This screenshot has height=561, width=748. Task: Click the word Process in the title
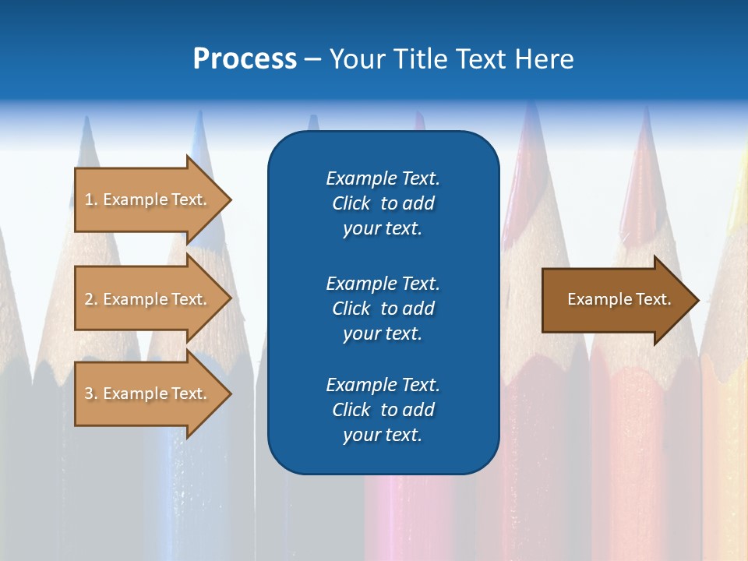coord(245,59)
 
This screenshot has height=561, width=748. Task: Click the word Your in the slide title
coord(357,59)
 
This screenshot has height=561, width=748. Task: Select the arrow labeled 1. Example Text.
coord(148,199)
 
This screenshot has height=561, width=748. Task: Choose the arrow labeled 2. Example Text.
coord(148,299)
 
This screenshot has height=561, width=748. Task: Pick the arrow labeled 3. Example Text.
coord(148,393)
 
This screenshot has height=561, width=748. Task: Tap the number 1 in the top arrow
coord(89,200)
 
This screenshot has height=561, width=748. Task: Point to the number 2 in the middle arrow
coord(89,300)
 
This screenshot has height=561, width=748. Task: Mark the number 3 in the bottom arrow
coord(89,394)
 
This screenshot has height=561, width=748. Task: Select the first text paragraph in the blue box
coord(383,203)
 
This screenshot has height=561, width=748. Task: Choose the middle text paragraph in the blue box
coord(383,309)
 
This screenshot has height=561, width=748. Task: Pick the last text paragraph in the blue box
coord(383,410)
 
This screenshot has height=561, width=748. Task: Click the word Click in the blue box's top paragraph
coord(351,203)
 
